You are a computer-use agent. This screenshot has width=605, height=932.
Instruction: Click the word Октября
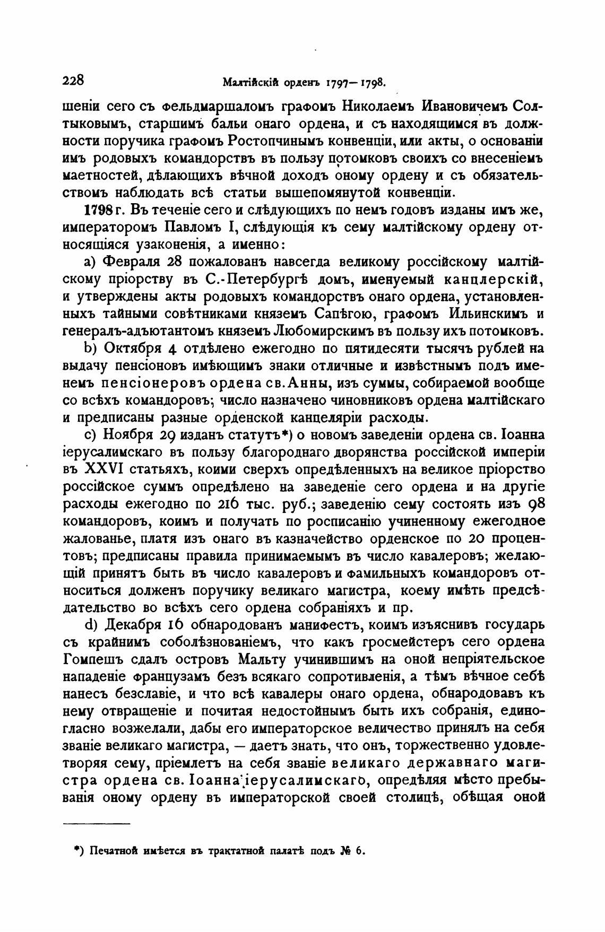[x=136, y=349]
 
